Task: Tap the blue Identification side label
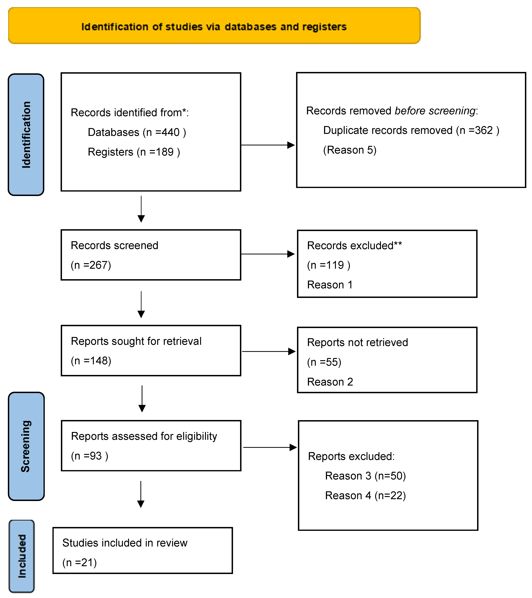(x=26, y=135)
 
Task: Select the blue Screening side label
(x=26, y=446)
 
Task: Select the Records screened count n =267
(x=91, y=265)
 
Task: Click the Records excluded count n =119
(x=328, y=265)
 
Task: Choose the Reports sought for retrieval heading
(x=136, y=341)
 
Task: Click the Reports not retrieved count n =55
(x=324, y=362)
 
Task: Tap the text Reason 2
(x=330, y=382)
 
